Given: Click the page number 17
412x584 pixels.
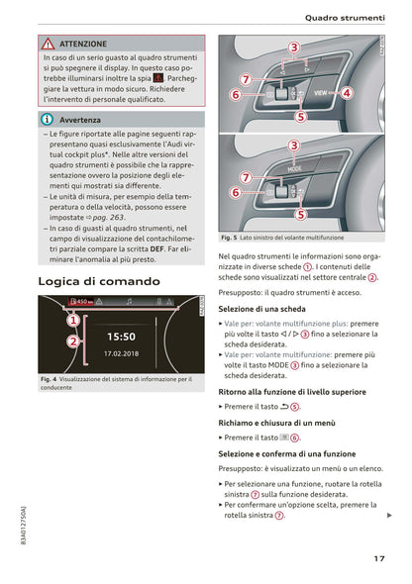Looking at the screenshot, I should coord(379,558).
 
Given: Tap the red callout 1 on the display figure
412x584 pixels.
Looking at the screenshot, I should coord(73,320).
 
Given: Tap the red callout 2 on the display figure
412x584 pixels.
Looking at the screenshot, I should coord(73,341).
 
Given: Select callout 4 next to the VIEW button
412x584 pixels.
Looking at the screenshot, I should coord(347,93).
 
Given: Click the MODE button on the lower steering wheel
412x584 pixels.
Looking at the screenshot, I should coord(294,168).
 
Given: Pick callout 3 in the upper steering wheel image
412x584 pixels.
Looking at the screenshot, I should coord(294,47).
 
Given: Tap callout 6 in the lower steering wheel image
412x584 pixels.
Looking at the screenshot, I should coord(236,193).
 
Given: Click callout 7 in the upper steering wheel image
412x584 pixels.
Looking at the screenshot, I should coord(245,78).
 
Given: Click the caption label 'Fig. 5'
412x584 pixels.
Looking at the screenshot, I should coord(228,239).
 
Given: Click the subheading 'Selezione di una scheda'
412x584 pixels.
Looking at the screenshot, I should coord(262,309).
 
